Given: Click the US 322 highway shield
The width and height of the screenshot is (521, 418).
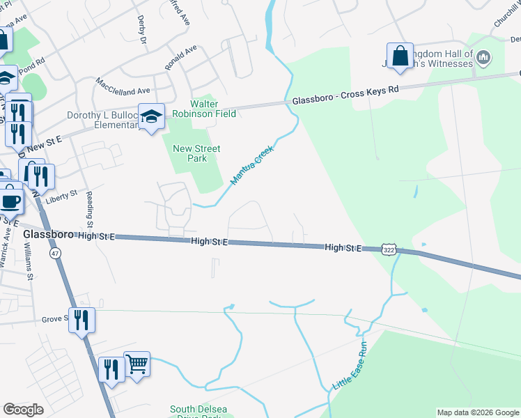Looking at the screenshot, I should click(x=389, y=249).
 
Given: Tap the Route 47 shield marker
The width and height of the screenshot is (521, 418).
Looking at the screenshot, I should click(x=55, y=254).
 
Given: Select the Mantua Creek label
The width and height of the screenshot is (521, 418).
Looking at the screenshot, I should click(x=253, y=165).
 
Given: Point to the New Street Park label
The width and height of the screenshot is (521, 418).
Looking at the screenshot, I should click(x=196, y=153).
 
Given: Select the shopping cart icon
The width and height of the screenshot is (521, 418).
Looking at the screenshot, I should click(x=137, y=363).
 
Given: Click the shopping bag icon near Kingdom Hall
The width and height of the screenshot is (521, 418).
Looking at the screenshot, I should click(x=401, y=57).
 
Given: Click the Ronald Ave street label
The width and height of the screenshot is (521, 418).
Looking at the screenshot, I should click(x=181, y=57).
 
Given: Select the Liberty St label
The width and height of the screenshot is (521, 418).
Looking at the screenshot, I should click(x=61, y=199).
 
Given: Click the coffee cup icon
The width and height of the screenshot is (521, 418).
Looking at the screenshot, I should click(x=10, y=200).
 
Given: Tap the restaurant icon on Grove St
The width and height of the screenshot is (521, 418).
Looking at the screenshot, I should click(x=81, y=320).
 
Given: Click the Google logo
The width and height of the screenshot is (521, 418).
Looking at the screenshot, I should click(x=23, y=410).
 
